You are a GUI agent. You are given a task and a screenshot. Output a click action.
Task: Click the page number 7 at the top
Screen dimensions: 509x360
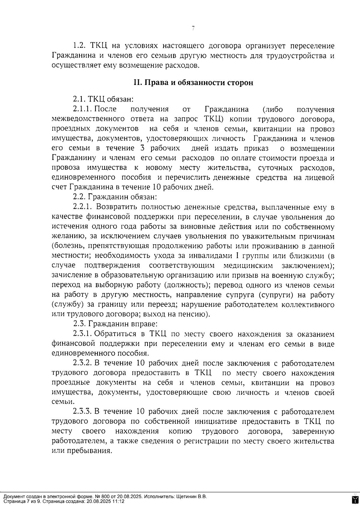tap(193, 28)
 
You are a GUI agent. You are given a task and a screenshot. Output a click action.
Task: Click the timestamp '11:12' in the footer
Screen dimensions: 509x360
tap(119, 501)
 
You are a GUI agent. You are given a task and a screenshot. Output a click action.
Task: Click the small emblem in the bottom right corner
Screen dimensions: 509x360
tap(355, 499)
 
